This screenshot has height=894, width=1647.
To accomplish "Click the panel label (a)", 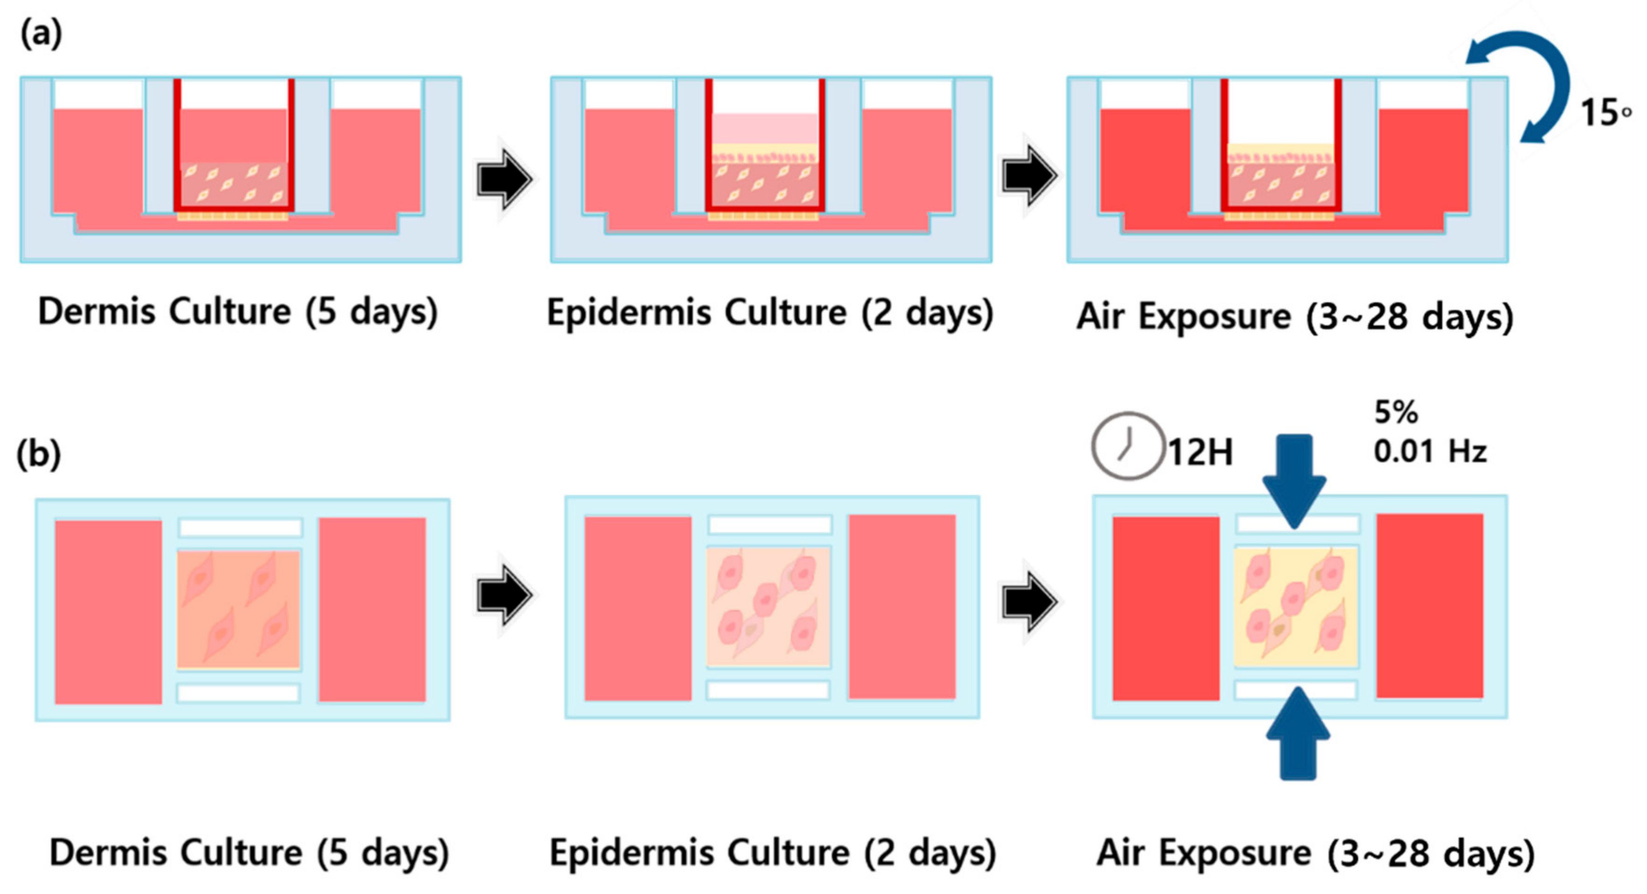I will coord(42,33).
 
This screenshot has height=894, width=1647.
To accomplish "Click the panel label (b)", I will coord(39,454).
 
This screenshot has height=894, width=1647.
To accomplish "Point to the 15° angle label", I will coord(1605,113).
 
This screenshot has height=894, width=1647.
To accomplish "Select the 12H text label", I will coord(1201,453).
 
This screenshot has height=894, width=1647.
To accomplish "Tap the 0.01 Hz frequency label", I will coord(1430,452).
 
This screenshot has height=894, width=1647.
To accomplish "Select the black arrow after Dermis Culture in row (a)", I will coord(504,179).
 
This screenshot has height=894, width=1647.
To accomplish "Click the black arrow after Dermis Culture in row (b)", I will coord(504,594).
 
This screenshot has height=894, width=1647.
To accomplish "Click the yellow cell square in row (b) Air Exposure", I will coord(1296,607).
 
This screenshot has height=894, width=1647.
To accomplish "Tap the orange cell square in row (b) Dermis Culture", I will coord(238,609).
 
